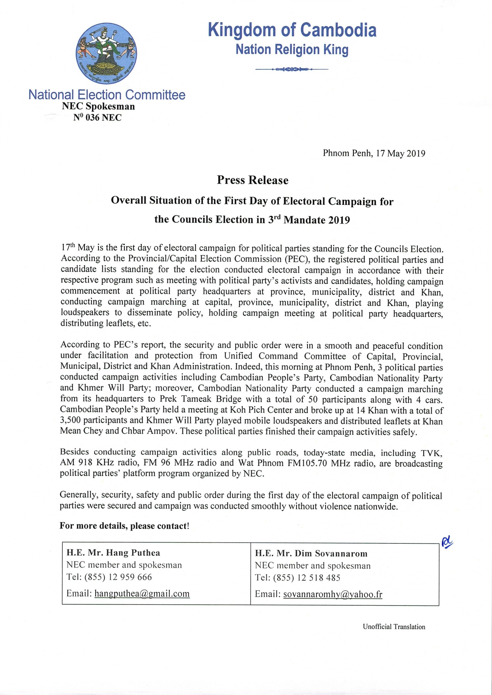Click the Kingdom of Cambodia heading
pyautogui.click(x=292, y=31)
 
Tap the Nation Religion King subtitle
pyautogui.click(x=292, y=50)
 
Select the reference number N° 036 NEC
pyautogui.click(x=97, y=117)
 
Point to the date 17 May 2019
pyautogui.click(x=400, y=153)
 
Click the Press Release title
pyautogui.click(x=252, y=180)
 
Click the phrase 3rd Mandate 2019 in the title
pyautogui.click(x=309, y=220)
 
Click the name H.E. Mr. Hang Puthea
pyautogui.click(x=113, y=553)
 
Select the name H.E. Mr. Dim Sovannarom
pyautogui.click(x=311, y=554)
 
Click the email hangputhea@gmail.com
pyautogui.click(x=142, y=594)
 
